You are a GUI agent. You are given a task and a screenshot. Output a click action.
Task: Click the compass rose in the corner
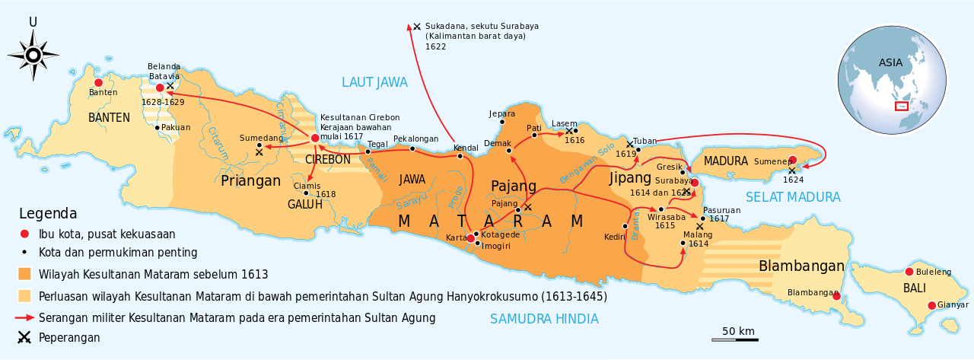[33, 54]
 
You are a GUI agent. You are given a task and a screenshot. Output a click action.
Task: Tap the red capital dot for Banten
[98, 82]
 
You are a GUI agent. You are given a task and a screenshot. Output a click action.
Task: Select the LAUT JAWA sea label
[374, 82]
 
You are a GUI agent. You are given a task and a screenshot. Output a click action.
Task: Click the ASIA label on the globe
[890, 63]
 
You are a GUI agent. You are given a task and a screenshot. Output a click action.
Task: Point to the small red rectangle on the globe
[902, 106]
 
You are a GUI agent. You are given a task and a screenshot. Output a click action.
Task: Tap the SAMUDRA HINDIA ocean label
[544, 319]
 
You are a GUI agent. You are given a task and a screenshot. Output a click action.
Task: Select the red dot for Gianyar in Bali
[931, 305]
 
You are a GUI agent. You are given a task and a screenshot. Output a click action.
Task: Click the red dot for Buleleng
[909, 272]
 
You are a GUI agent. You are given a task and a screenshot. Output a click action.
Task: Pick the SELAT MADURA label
[793, 197]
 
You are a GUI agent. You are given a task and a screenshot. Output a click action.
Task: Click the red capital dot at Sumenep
[792, 160]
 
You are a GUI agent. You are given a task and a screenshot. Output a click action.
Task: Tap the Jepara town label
[501, 113]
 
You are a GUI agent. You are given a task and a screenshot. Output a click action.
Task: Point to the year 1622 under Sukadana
[436, 46]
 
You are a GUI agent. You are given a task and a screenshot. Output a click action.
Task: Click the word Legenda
[48, 214]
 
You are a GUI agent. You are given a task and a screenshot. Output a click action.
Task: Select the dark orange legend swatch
[26, 274]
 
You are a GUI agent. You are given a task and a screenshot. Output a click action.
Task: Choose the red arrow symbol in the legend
[26, 317]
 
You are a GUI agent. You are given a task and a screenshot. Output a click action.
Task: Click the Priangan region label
[251, 180]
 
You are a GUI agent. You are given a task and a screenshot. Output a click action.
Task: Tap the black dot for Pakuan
[158, 127]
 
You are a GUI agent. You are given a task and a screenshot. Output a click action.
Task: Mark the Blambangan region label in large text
[801, 266]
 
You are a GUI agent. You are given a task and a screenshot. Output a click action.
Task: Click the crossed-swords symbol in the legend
[26, 337]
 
